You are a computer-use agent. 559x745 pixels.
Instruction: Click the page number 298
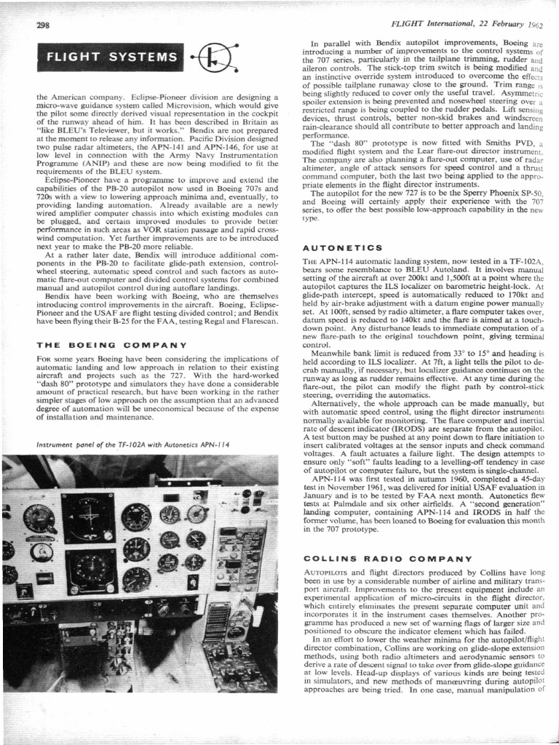[x=43, y=25]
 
